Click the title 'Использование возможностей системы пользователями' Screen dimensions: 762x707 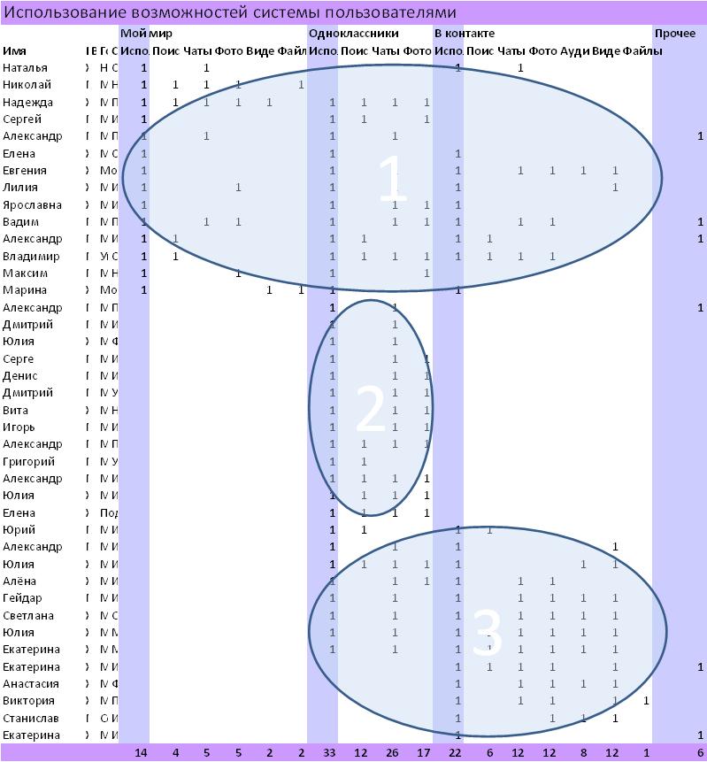coord(230,12)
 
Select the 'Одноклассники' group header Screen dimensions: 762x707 coord(353,34)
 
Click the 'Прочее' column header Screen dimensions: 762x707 coord(674,34)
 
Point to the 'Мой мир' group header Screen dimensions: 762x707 coord(146,34)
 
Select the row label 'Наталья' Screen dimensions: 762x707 coord(26,68)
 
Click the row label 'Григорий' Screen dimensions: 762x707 coord(29,461)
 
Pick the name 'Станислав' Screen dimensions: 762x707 coord(28,718)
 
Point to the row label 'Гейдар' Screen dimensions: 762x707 coord(22,598)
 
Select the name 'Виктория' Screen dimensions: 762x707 coord(28,701)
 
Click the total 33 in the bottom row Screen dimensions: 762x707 coord(330,752)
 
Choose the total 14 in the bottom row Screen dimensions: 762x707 coord(141,752)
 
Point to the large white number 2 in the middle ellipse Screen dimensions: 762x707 coord(370,409)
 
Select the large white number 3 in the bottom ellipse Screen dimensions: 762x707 coord(488,634)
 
